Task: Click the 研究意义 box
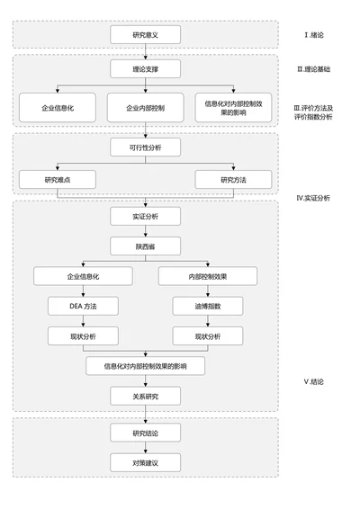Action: coord(145,35)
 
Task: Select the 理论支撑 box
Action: coord(145,68)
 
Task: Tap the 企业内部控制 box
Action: coord(145,108)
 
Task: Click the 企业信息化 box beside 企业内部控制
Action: coord(58,108)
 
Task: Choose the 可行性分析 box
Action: coord(145,147)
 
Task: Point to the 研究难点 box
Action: coord(58,180)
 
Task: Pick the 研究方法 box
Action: coord(233,180)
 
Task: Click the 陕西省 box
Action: coord(145,246)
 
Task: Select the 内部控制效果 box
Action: coord(208,276)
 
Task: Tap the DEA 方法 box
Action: coord(83,307)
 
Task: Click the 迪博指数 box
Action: coord(208,307)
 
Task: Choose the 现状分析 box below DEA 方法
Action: coord(83,336)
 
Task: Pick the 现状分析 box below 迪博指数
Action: coord(208,336)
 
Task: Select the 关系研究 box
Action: coord(145,396)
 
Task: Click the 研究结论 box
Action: coord(145,433)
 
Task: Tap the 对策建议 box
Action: coord(145,463)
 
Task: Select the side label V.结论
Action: coord(317,381)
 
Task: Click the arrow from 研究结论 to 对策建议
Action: coord(145,448)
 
